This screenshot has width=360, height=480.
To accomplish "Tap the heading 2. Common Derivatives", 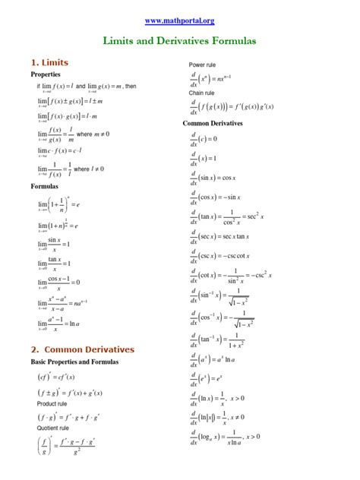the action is [83, 349].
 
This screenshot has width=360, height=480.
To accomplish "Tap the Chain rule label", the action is [202, 93].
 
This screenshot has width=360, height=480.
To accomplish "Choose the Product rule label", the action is [51, 415].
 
